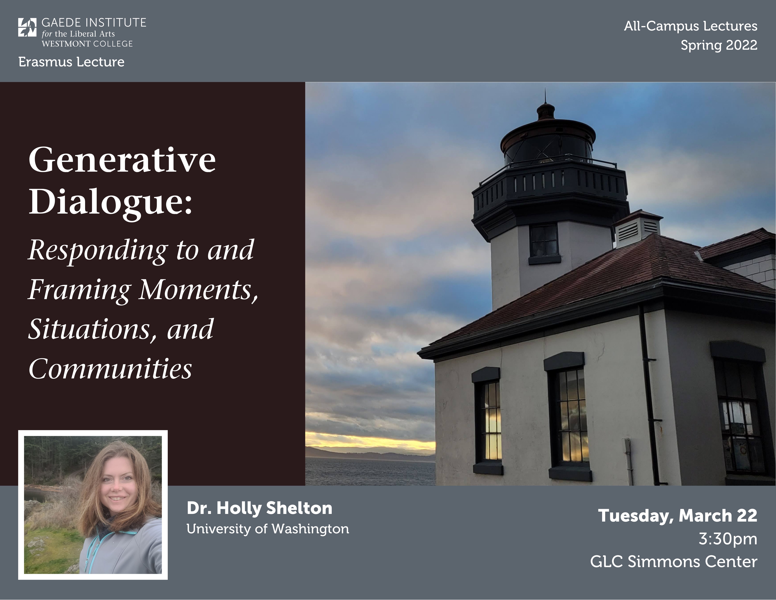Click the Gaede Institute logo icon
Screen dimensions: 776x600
27,27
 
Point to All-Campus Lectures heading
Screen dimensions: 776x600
691,26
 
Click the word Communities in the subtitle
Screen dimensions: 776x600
110,369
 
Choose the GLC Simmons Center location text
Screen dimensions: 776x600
674,562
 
